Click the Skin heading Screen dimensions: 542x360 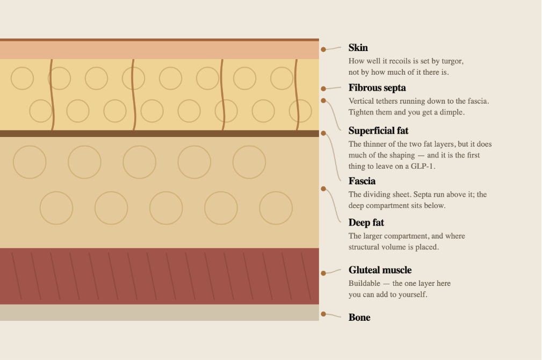(358, 48)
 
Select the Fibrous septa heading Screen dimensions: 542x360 (377, 88)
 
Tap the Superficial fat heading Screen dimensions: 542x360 (379, 131)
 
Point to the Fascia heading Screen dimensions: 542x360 (362, 181)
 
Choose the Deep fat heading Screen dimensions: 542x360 (366, 222)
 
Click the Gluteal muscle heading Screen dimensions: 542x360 (380, 270)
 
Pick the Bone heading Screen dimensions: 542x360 (359, 318)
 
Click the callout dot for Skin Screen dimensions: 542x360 (323, 49)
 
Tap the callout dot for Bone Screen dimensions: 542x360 (323, 314)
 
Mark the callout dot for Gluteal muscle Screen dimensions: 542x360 (323, 273)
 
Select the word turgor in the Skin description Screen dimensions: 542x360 (451, 61)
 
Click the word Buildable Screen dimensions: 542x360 (364, 284)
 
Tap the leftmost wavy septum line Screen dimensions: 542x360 (52, 95)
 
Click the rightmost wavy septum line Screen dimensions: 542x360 (297, 95)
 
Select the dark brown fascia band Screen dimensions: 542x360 (160, 134)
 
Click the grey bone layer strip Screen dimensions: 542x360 (160, 313)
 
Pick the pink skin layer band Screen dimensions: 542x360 (160, 50)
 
